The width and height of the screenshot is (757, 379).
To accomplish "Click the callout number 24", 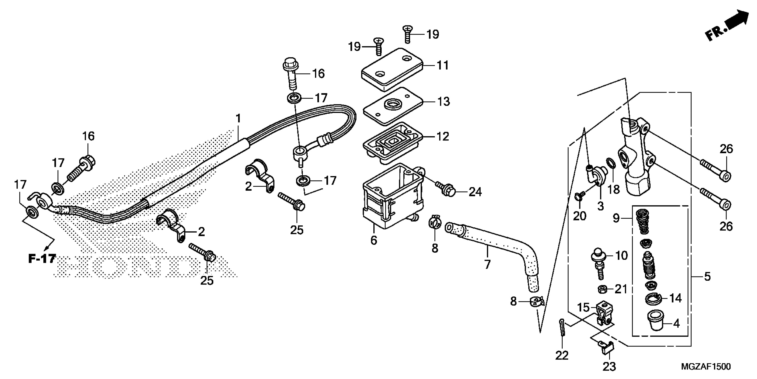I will (x=475, y=192).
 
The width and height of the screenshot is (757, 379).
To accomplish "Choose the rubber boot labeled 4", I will (x=656, y=324).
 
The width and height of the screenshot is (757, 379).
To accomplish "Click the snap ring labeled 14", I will (x=653, y=299).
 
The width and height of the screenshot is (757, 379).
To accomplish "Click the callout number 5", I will (x=707, y=277).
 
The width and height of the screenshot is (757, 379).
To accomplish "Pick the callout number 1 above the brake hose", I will (x=238, y=119).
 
